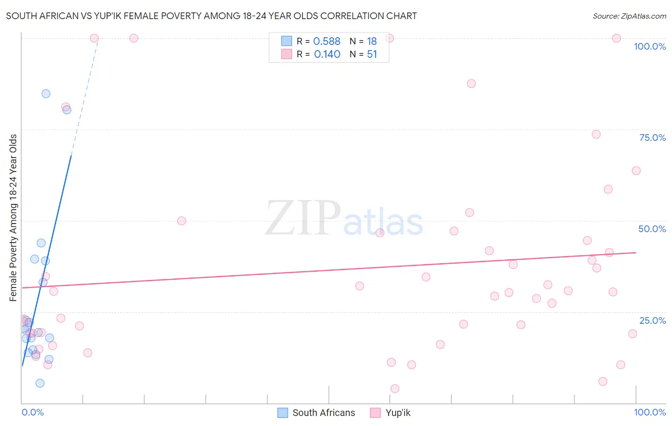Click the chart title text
click(211, 16)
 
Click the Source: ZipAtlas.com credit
click(629, 16)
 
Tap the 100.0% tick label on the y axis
click(650, 46)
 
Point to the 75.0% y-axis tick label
click(652, 138)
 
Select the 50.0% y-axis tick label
click(652, 229)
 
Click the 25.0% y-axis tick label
click(652, 320)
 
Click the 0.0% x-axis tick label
click(33, 412)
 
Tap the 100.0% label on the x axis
click(650, 412)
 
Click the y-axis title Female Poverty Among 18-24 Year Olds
click(13, 218)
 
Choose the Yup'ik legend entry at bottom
click(398, 413)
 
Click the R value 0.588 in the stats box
click(327, 42)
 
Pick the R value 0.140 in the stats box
click(327, 54)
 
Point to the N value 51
click(372, 54)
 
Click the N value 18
click(372, 42)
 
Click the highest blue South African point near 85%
click(46, 94)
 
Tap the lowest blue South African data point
click(40, 383)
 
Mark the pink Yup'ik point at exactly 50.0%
click(182, 221)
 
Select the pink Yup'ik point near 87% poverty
click(471, 84)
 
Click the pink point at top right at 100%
click(617, 38)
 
